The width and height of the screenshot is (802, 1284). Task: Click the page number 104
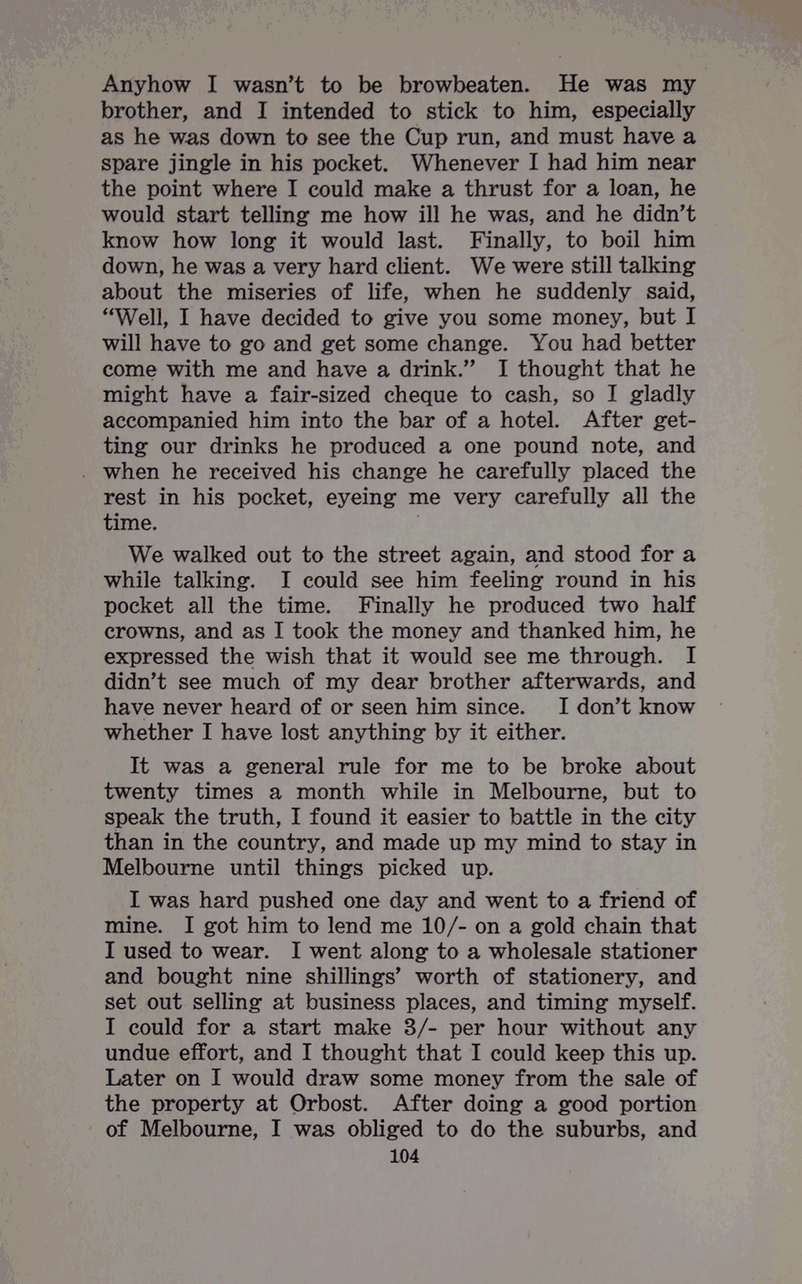point(404,1157)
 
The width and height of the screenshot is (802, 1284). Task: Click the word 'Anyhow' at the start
point(146,86)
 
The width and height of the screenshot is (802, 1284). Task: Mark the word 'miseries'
point(272,292)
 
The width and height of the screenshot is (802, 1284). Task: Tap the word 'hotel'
point(530,420)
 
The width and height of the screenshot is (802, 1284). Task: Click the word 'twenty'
point(141,793)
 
